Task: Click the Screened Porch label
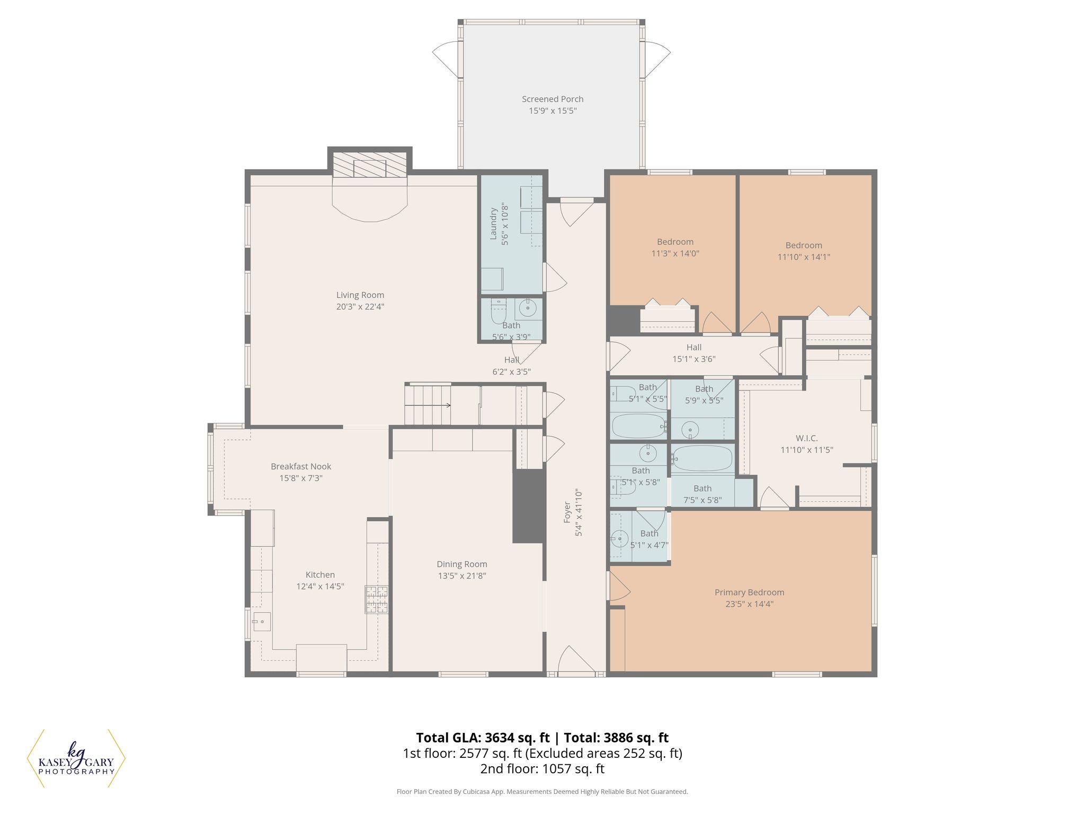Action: click(x=552, y=99)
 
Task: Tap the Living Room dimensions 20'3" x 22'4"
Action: click(x=360, y=307)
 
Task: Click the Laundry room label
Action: click(x=493, y=224)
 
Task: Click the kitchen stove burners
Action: click(x=376, y=599)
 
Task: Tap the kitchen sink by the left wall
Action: click(x=261, y=621)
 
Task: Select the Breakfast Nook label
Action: click(x=300, y=466)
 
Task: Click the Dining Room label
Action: click(x=461, y=564)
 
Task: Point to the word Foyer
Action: click(x=567, y=512)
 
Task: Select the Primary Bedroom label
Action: click(x=749, y=592)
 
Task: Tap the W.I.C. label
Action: click(x=806, y=438)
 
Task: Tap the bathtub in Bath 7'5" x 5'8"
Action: click(x=702, y=458)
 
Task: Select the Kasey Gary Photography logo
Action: click(x=76, y=758)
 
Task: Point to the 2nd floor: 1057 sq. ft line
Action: click(x=542, y=768)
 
